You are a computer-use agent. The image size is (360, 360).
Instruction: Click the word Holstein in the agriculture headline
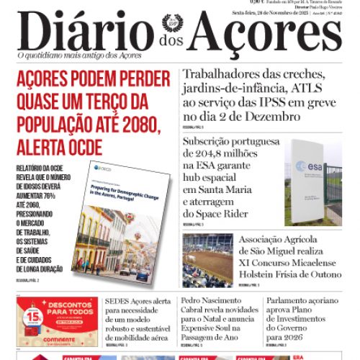[262, 274]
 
